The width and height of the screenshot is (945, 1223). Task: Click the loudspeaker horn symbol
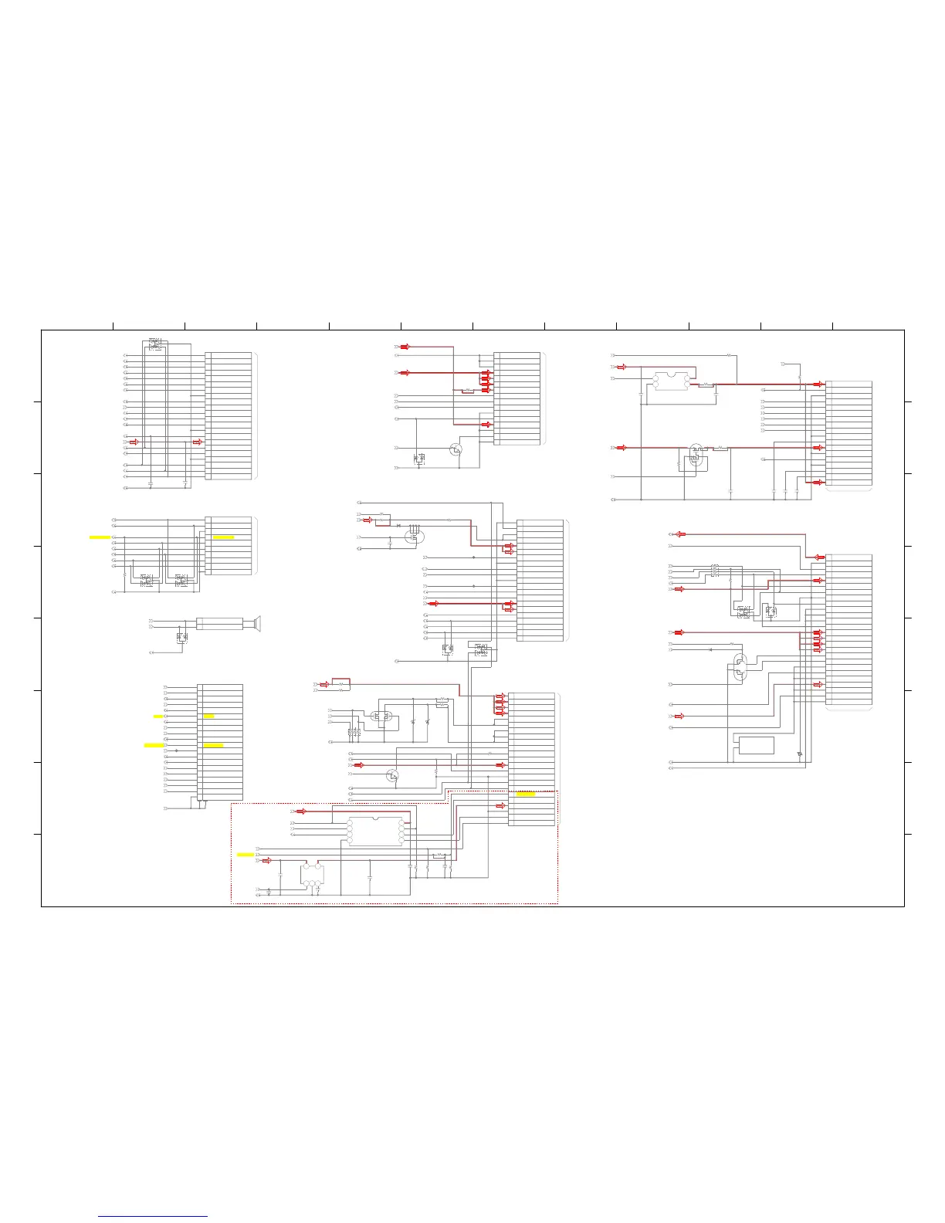click(x=254, y=623)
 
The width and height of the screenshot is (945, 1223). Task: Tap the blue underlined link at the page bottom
click(x=153, y=1217)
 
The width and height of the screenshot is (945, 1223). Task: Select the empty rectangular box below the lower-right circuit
click(x=756, y=745)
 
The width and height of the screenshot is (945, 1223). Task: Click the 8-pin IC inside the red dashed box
click(x=375, y=832)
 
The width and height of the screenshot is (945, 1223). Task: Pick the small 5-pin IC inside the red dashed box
click(x=312, y=876)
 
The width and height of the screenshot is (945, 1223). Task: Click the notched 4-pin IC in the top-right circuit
click(x=670, y=381)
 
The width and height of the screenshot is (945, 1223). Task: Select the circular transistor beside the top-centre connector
click(x=456, y=449)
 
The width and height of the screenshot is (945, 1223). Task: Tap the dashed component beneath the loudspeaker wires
click(x=182, y=638)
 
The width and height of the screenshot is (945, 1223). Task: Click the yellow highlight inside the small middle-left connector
click(x=223, y=536)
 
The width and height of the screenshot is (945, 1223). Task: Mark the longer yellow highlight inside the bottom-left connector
click(x=213, y=745)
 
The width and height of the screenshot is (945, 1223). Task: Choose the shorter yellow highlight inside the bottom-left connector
click(x=208, y=717)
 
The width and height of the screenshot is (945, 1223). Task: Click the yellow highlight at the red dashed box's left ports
click(x=245, y=855)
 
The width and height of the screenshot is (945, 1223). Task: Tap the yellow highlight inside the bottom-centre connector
click(x=525, y=794)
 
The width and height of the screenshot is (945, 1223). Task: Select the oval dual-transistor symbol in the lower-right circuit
click(x=740, y=666)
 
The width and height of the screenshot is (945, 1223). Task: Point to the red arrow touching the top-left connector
click(x=197, y=442)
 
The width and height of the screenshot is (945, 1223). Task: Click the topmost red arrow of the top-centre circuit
click(x=405, y=347)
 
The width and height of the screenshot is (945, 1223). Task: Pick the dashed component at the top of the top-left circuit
click(x=155, y=344)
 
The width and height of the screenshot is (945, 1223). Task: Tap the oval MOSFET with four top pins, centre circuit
click(x=415, y=533)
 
